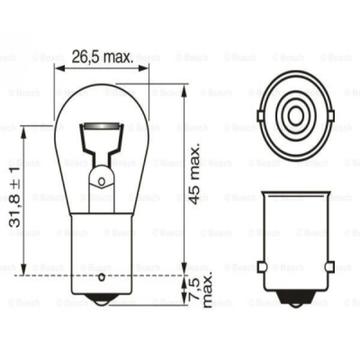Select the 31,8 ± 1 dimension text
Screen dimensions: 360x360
coord(14,198)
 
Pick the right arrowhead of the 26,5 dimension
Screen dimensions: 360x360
coord(144,68)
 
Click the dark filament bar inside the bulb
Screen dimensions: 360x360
coord(102,127)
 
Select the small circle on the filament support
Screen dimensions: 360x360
coord(102,182)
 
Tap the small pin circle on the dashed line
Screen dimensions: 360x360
coord(102,277)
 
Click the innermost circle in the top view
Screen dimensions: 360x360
coord(296,116)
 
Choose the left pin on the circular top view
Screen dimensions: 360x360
coord(260,116)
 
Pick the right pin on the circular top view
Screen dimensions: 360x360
coord(331,116)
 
